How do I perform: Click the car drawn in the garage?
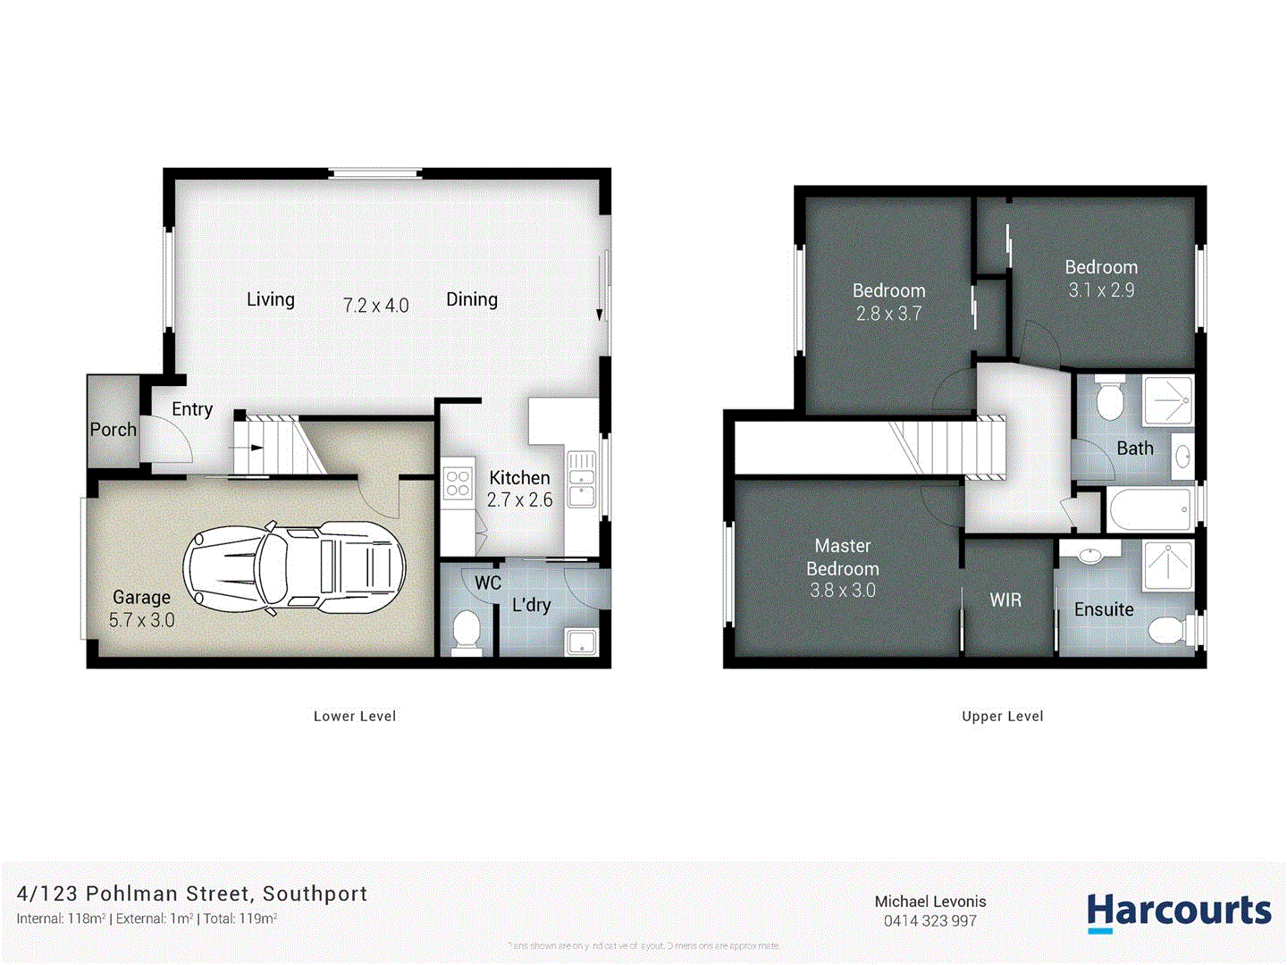click(x=294, y=568)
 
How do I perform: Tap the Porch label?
click(x=114, y=430)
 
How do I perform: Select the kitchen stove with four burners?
click(x=458, y=483)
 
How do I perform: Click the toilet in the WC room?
click(x=467, y=630)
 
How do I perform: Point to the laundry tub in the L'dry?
click(x=582, y=642)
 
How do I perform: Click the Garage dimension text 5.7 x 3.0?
click(x=141, y=620)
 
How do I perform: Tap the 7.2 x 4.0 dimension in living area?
click(x=375, y=306)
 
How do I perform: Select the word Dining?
click(x=472, y=299)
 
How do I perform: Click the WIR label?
click(x=1005, y=600)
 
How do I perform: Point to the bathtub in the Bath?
click(x=1150, y=509)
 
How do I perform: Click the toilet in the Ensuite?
click(x=1167, y=630)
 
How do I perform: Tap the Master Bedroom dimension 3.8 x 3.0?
click(x=842, y=591)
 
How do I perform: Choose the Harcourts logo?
click(x=1178, y=911)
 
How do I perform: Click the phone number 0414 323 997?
click(x=929, y=921)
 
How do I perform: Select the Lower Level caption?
click(x=355, y=716)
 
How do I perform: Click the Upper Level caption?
click(x=1002, y=716)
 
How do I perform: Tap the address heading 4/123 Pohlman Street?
click(x=192, y=894)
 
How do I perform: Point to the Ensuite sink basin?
click(x=1089, y=555)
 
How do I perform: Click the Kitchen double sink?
click(x=582, y=479)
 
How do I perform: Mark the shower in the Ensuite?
click(x=1168, y=565)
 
